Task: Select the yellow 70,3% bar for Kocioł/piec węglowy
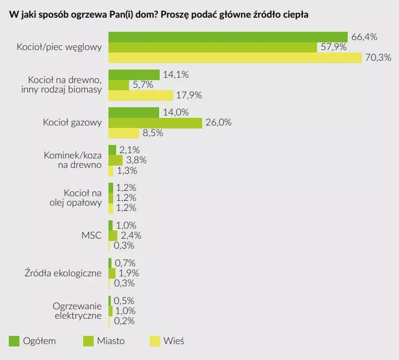click(x=235, y=57)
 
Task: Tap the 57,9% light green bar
click(x=213, y=47)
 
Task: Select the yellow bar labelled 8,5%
click(x=124, y=133)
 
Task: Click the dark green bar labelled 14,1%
click(x=134, y=74)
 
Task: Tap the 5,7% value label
click(x=141, y=85)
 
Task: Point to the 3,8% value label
click(x=135, y=160)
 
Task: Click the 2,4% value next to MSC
click(x=130, y=236)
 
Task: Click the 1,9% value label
click(x=128, y=273)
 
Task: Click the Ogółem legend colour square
click(x=14, y=341)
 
